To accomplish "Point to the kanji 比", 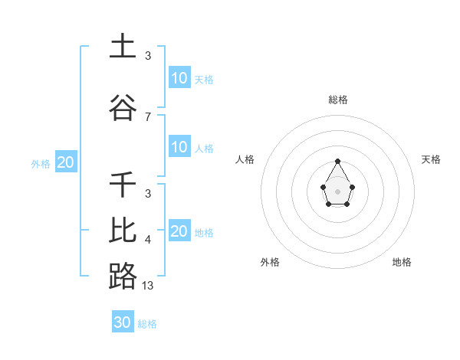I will click(122, 229).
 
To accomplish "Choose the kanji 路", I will click(122, 276).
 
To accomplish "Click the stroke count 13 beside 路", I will click(148, 285).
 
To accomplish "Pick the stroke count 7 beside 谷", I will click(148, 116).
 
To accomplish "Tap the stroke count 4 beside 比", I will click(148, 240).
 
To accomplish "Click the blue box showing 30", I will click(123, 322).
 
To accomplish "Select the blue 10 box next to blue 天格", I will click(179, 78).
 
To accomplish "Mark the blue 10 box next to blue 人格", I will click(179, 147).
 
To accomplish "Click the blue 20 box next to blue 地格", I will click(179, 231).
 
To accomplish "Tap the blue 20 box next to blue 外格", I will click(66, 162).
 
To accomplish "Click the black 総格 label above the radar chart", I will click(338, 100).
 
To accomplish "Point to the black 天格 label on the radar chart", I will click(431, 159).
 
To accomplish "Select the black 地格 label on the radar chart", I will click(402, 262).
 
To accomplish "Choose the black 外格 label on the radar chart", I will click(270, 262).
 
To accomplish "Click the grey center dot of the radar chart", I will click(337, 191).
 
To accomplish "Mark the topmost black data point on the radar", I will click(337, 161).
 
